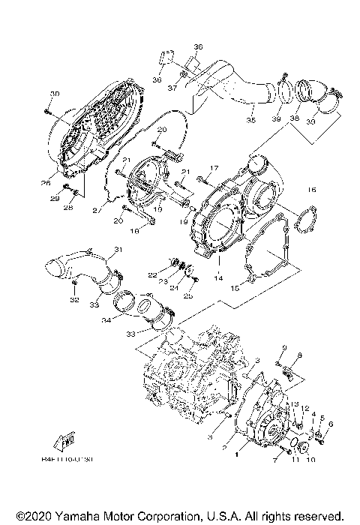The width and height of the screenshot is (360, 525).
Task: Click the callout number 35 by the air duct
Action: (x=250, y=118)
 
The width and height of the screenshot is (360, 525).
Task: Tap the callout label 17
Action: (x=214, y=167)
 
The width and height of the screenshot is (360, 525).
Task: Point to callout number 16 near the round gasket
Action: (x=311, y=190)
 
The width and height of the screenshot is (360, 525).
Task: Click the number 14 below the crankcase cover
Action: (x=219, y=277)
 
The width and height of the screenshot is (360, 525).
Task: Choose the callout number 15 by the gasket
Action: (x=234, y=287)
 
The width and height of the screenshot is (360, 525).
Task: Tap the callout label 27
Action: (x=96, y=211)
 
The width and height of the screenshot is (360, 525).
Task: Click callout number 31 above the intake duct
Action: (x=118, y=249)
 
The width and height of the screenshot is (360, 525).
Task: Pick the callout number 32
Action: (x=73, y=299)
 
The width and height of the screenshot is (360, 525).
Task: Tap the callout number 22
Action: (x=152, y=274)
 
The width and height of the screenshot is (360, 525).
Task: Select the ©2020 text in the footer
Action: (x=34, y=516)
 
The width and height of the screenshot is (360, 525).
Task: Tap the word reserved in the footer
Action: (x=319, y=516)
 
